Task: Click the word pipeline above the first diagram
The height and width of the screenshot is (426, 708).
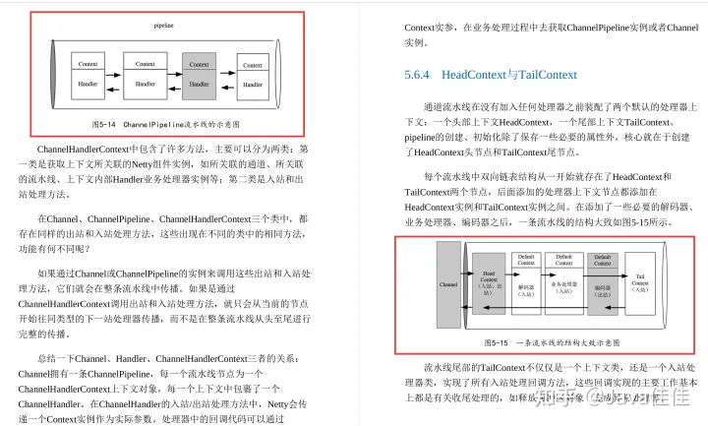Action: (163, 23)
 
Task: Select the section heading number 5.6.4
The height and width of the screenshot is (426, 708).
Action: (418, 75)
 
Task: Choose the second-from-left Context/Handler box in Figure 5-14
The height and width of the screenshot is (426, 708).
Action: (145, 75)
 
